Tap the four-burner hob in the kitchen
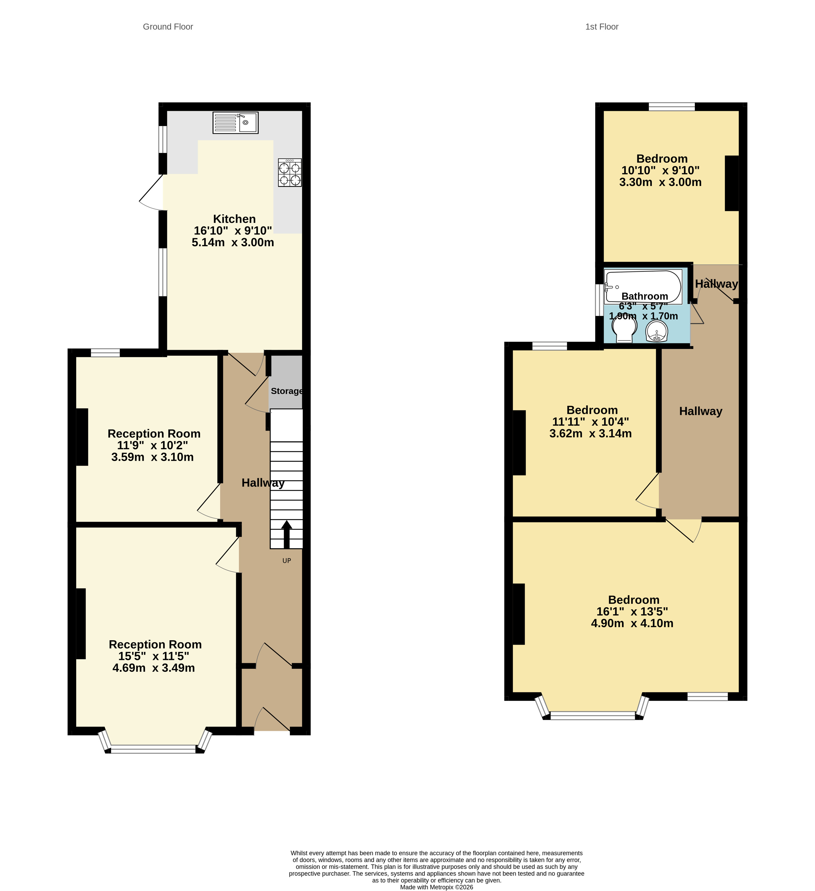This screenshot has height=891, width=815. tap(290, 173)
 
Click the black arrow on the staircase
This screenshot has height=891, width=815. tap(286, 534)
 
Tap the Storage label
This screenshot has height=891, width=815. tap(286, 391)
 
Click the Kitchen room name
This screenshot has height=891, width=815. tap(234, 219)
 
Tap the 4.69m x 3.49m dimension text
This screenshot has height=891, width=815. tap(153, 668)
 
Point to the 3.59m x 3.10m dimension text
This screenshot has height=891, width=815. tap(152, 457)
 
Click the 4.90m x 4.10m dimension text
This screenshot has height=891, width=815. tap(632, 623)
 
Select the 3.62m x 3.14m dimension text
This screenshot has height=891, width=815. tap(590, 433)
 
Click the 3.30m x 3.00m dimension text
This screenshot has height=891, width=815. tap(660, 182)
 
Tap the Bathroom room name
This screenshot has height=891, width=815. tap(644, 296)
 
